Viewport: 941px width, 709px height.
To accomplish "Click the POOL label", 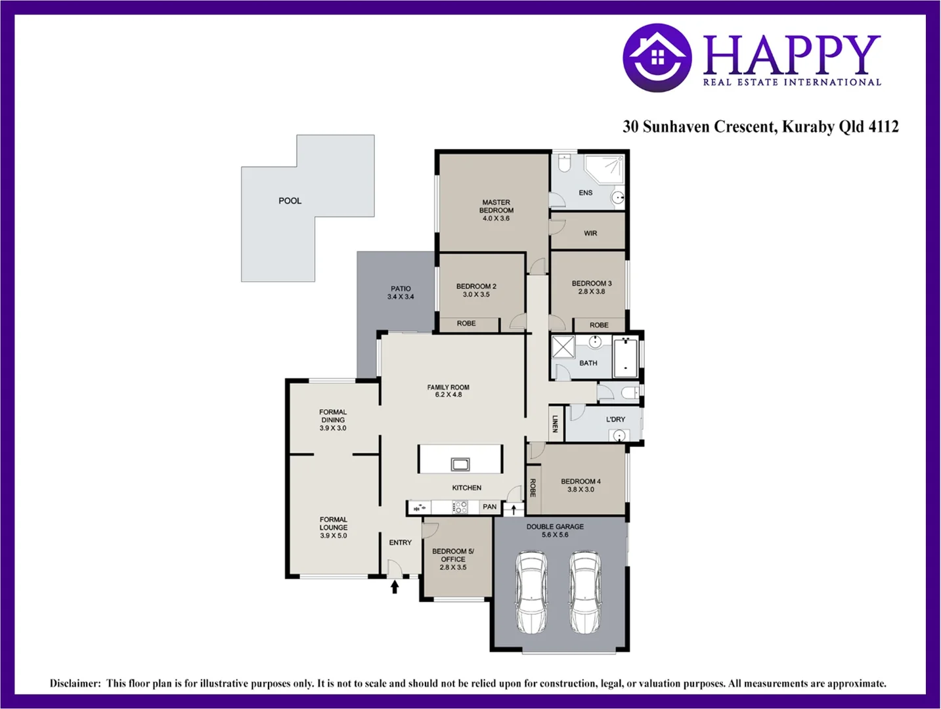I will click(x=290, y=201).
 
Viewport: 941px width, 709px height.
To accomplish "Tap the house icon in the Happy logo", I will click(x=657, y=58).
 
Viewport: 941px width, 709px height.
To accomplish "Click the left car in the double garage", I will click(x=531, y=592).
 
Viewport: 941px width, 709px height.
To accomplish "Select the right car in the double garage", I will click(x=584, y=592).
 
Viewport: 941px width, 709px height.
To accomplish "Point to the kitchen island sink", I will click(x=460, y=464).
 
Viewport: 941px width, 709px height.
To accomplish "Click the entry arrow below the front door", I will click(x=395, y=586).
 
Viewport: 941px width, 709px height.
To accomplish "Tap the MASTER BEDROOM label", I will click(x=496, y=210).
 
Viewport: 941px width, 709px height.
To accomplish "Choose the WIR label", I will click(x=590, y=233).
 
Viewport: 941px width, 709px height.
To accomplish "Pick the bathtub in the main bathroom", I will click(x=626, y=357).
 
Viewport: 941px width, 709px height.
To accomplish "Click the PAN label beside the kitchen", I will click(x=490, y=507).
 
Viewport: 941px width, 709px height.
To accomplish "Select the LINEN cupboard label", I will click(x=555, y=423).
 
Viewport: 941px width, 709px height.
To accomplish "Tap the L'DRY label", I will click(x=615, y=419).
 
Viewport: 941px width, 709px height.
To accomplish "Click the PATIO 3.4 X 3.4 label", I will click(x=401, y=293).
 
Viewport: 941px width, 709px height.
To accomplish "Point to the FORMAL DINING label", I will click(x=333, y=420).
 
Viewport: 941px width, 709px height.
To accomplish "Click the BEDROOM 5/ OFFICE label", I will click(x=453, y=559).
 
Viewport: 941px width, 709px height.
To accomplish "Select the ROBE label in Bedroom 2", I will click(x=466, y=324).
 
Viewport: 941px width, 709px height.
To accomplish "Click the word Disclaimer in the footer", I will click(x=75, y=683).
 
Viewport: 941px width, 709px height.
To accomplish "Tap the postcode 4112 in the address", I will click(x=883, y=127).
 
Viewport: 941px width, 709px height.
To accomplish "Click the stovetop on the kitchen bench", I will click(x=460, y=507).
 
